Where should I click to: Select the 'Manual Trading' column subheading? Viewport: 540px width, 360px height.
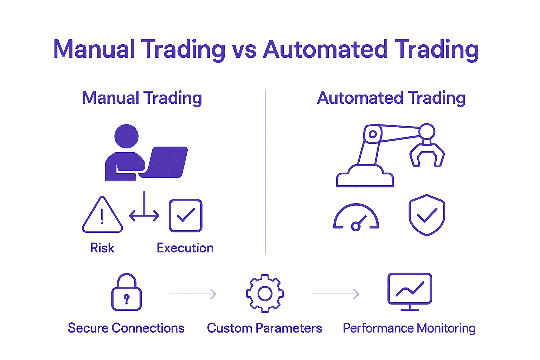tap(142, 98)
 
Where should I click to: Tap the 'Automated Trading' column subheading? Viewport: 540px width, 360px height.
tap(391, 98)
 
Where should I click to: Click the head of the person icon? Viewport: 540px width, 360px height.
tap(127, 136)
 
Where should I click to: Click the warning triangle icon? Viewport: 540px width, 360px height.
tap(102, 215)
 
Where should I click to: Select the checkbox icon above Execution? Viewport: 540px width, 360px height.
tap(186, 216)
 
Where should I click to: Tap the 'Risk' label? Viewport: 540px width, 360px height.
tap(102, 248)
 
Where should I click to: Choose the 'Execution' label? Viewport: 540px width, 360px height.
tap(185, 248)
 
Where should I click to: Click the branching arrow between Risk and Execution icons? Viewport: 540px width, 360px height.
tap(144, 211)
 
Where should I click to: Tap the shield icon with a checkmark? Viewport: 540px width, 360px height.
tap(427, 215)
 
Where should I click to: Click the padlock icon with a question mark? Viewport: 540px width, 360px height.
tap(127, 292)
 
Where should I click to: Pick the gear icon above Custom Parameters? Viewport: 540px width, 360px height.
tap(265, 294)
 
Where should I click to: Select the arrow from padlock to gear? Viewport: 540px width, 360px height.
tap(193, 294)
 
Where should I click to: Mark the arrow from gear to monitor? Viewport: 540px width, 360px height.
tap(336, 294)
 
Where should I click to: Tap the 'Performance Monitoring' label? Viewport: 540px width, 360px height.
tap(409, 328)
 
